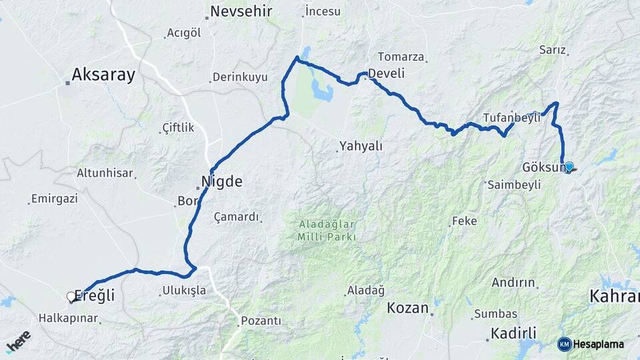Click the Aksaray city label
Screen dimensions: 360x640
pyautogui.click(x=103, y=74)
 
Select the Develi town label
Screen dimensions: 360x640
pyautogui.click(x=387, y=74)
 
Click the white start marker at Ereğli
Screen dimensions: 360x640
pyautogui.click(x=71, y=297)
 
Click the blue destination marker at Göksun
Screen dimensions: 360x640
pyautogui.click(x=569, y=167)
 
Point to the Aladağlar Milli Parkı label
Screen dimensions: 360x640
pyautogui.click(x=327, y=230)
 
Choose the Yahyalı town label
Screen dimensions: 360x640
pyautogui.click(x=361, y=146)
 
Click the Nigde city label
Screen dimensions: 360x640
pyautogui.click(x=222, y=181)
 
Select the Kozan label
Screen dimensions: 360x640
pyautogui.click(x=407, y=307)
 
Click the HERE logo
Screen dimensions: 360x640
pyautogui.click(x=18, y=341)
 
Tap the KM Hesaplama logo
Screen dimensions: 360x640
pyautogui.click(x=591, y=344)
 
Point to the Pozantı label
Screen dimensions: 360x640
pyautogui.click(x=261, y=321)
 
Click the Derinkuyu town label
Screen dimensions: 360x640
pyautogui.click(x=241, y=77)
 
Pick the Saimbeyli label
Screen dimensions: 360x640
pyautogui.click(x=514, y=185)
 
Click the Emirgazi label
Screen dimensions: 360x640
pyautogui.click(x=55, y=199)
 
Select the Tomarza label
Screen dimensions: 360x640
pyautogui.click(x=401, y=57)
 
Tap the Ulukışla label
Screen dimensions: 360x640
pyautogui.click(x=184, y=291)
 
